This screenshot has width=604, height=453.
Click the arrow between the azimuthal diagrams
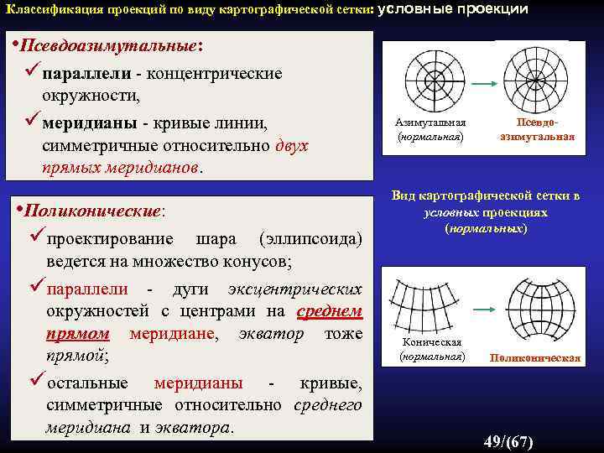pyautogui.click(x=483, y=84)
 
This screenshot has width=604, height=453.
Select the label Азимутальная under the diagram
pyautogui.click(x=430, y=122)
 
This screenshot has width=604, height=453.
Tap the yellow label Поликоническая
pyautogui.click(x=535, y=358)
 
